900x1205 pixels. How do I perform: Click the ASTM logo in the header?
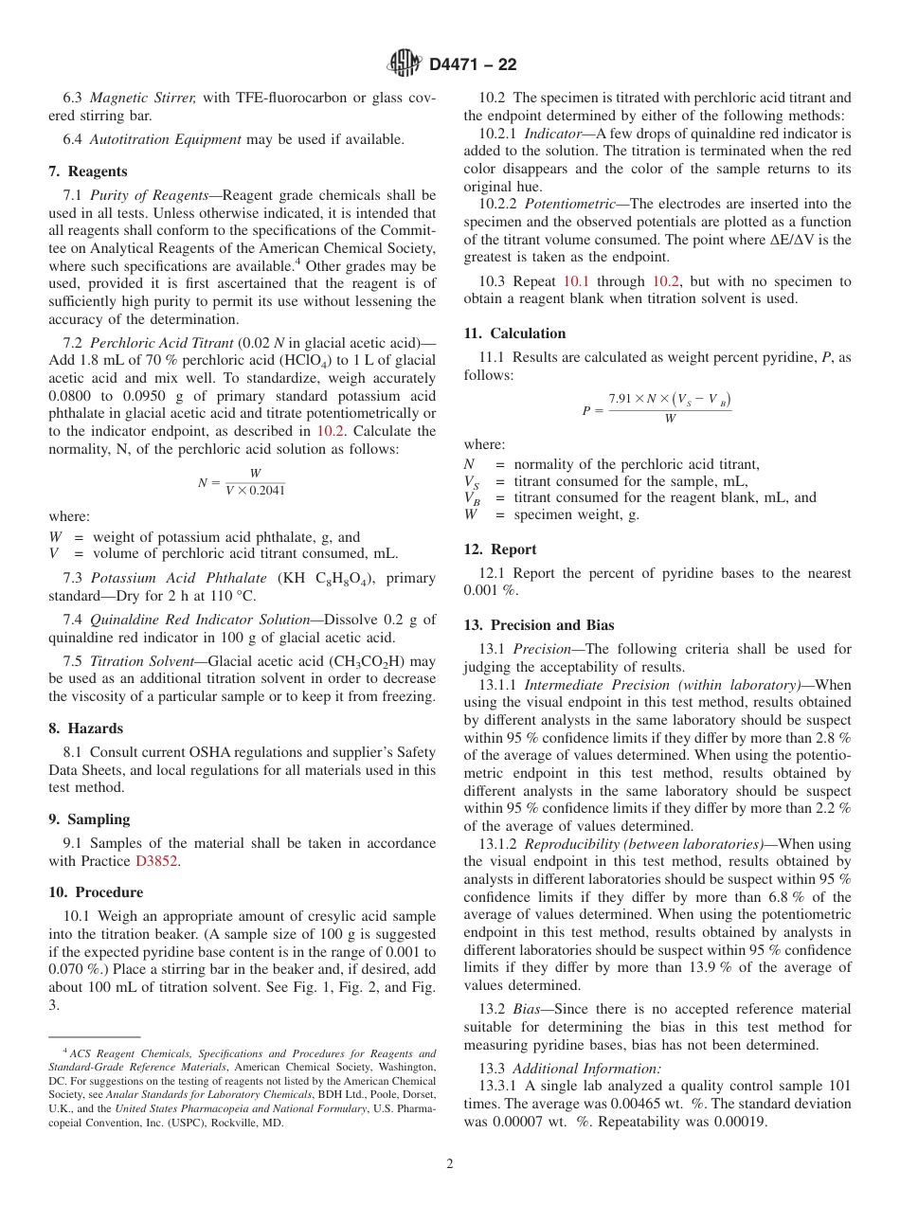click(405, 64)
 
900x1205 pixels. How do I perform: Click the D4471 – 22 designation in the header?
click(473, 65)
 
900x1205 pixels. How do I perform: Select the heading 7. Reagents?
click(88, 171)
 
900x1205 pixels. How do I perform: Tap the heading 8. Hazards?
click(86, 728)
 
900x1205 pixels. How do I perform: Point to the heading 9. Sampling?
click(90, 819)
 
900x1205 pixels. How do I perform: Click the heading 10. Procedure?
click(96, 892)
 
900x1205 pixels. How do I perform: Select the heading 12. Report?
click(500, 549)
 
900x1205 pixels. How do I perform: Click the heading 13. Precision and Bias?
click(539, 625)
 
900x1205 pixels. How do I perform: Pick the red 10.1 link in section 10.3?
click(576, 281)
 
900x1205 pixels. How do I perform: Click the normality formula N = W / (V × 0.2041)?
click(243, 481)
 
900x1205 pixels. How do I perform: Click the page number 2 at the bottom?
click(450, 1164)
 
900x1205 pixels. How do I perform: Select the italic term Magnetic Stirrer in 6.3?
click(143, 98)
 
